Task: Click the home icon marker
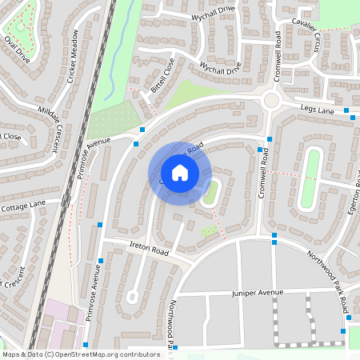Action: (x=180, y=173)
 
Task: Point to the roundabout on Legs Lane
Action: (x=270, y=101)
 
